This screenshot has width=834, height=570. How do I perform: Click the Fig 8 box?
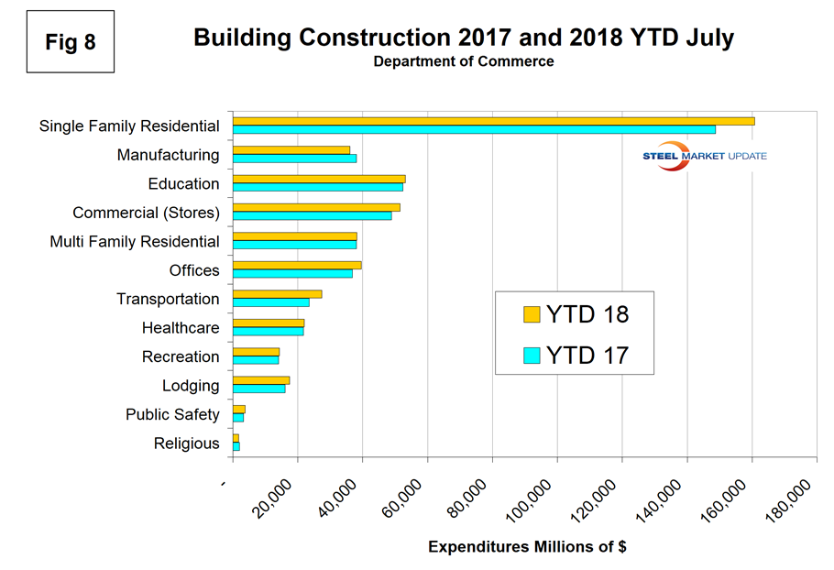click(71, 42)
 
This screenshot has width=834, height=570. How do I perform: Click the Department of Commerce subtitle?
click(463, 61)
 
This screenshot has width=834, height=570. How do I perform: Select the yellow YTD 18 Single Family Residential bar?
click(493, 121)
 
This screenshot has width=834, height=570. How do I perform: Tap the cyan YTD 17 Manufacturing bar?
click(294, 159)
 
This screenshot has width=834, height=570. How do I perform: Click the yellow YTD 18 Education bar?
click(319, 179)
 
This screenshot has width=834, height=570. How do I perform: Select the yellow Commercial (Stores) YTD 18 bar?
click(316, 207)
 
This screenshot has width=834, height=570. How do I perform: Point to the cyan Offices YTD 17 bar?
click(292, 274)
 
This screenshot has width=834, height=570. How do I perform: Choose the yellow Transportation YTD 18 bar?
click(277, 294)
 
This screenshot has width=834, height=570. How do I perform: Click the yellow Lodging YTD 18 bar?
click(261, 380)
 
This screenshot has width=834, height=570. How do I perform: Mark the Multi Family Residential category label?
click(135, 242)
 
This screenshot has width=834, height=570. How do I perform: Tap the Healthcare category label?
click(181, 328)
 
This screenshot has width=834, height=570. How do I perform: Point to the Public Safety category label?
click(172, 414)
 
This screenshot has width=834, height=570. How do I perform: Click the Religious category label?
click(187, 444)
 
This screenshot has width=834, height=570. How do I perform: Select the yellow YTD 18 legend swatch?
click(532, 314)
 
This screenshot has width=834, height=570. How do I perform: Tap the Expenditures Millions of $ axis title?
click(527, 547)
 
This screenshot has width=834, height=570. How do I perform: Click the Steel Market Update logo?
click(705, 156)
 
